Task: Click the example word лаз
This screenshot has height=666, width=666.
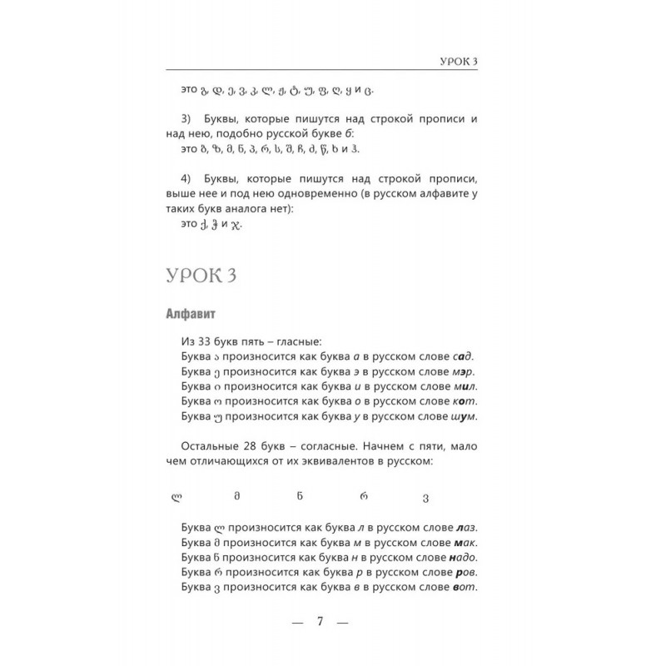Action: [x=472, y=529]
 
